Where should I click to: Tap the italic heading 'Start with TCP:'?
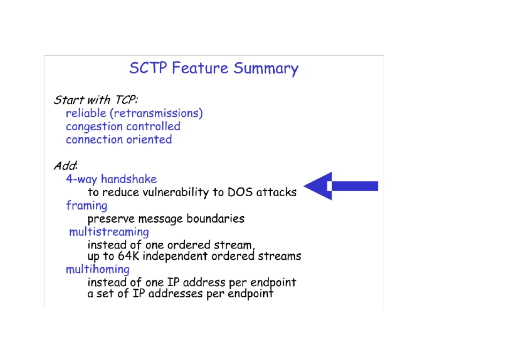tap(96, 100)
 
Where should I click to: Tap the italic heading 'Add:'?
tap(65, 166)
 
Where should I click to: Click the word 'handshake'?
tap(129, 179)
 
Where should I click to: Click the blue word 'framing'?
tap(86, 206)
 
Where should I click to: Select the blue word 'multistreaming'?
tap(109, 232)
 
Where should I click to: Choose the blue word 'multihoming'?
tap(98, 269)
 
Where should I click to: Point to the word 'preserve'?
tap(111, 219)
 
